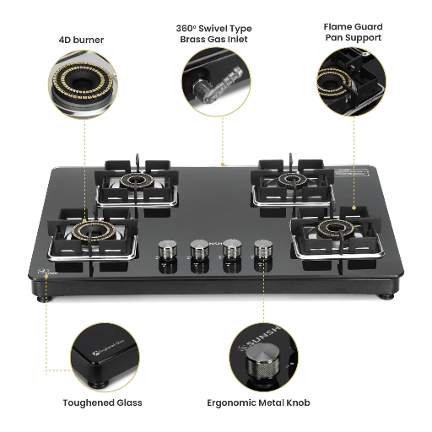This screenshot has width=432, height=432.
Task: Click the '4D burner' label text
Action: (82, 40)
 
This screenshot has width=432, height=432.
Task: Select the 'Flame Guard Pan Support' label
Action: (352, 32)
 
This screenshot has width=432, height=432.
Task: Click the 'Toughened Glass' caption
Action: (102, 402)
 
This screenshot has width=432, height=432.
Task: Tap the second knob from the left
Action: (200, 250)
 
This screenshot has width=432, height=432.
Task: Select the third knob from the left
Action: (231, 250)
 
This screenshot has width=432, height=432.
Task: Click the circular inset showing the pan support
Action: (351, 82)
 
